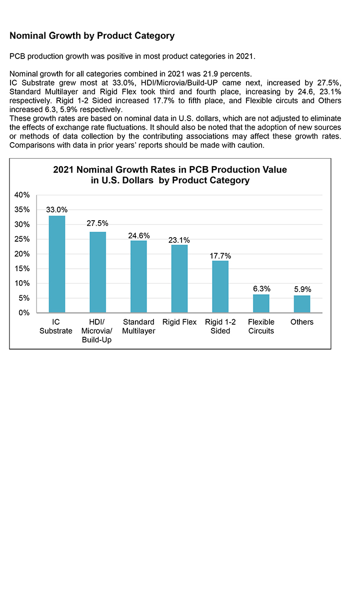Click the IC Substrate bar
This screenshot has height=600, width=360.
56,264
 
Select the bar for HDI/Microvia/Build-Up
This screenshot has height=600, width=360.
97,272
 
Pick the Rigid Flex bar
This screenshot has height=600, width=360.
179,279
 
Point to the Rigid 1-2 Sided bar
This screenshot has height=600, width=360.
220,287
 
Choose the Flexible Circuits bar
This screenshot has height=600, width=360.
261,303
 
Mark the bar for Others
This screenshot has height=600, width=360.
302,304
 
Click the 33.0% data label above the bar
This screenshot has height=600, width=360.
56,210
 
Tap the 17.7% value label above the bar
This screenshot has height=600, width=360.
220,256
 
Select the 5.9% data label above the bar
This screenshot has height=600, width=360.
302,289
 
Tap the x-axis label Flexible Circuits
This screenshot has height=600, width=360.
261,326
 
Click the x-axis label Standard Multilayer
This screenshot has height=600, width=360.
138,326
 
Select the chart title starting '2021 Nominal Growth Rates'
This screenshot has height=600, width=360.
170,175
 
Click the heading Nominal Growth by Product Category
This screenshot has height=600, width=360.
92,36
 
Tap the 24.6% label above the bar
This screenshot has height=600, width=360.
138,236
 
